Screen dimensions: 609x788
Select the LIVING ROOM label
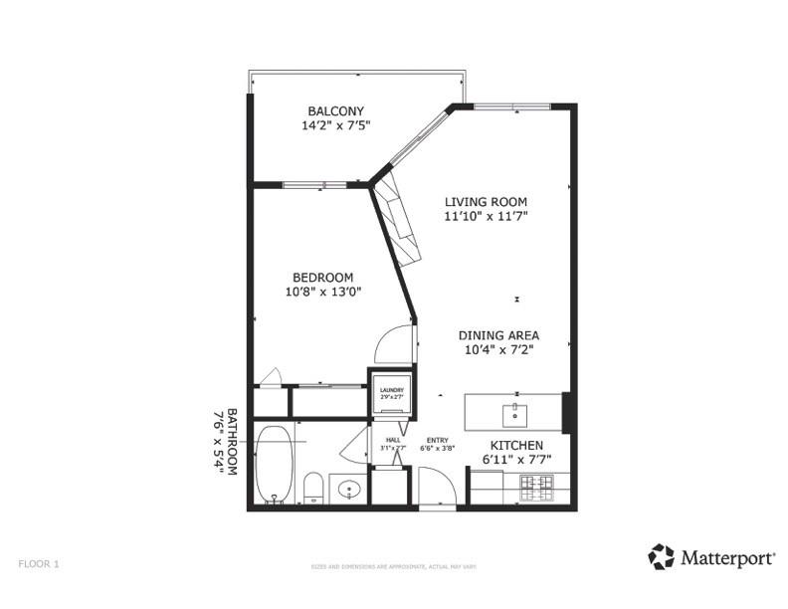[x=485, y=201]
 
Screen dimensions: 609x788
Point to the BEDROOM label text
[x=322, y=277]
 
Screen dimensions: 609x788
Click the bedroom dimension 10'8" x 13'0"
[x=322, y=293]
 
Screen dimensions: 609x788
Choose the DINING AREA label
[x=498, y=335]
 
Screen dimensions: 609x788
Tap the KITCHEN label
[x=515, y=445]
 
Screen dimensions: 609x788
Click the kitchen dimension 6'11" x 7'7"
[x=515, y=460]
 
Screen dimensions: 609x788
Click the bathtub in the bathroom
[x=274, y=464]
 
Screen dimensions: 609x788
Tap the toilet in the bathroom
[x=312, y=488]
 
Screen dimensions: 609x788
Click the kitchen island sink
[x=516, y=412]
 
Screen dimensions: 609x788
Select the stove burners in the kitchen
[x=538, y=487]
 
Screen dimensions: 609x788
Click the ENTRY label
[x=438, y=441]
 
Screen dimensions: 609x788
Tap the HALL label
[x=393, y=441]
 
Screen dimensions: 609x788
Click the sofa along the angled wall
[x=398, y=218]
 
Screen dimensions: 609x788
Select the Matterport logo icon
[x=661, y=556]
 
